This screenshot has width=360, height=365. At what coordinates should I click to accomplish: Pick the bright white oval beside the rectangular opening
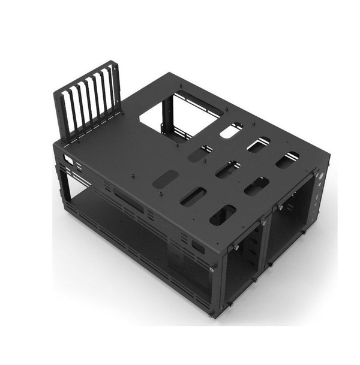231,131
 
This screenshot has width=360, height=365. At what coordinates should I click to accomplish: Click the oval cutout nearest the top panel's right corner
287,158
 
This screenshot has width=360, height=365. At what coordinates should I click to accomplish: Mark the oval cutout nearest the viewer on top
223,215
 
